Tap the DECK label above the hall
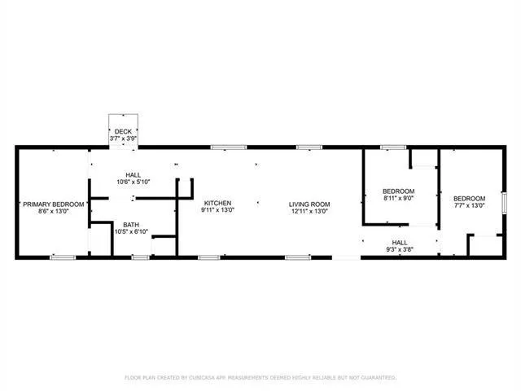click(123, 131)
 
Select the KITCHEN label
click(218, 203)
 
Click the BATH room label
click(130, 225)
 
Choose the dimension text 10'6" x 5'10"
click(134, 182)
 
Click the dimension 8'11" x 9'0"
click(398, 198)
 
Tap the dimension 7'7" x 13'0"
click(469, 205)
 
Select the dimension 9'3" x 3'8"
click(400, 248)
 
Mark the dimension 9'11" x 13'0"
click(218, 210)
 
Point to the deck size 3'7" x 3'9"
click(123, 138)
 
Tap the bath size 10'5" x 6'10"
click(130, 232)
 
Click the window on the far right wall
click(504, 201)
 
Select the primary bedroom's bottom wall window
click(63, 257)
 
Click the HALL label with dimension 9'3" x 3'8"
click(400, 242)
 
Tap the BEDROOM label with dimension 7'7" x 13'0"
click(469, 199)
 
